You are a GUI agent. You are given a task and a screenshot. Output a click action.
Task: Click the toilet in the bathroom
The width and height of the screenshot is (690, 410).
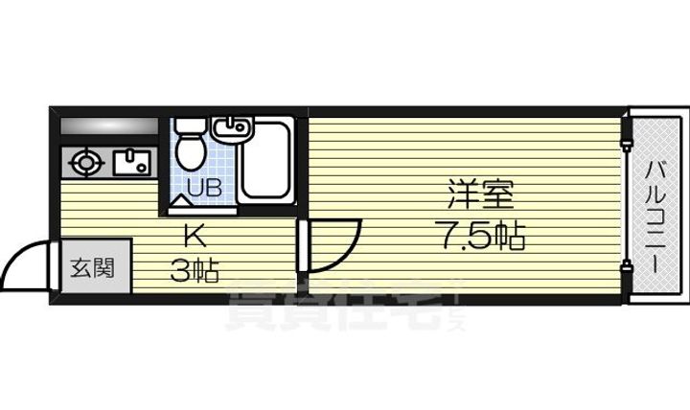click(x=190, y=144)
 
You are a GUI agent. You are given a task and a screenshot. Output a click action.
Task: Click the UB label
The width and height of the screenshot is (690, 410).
click(x=203, y=187)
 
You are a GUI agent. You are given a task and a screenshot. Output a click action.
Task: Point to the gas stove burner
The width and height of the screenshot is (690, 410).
click(x=87, y=163)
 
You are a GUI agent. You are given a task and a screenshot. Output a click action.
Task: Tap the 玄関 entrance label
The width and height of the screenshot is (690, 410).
click(x=89, y=265)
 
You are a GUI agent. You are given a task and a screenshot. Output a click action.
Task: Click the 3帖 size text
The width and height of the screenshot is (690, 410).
click(x=195, y=271)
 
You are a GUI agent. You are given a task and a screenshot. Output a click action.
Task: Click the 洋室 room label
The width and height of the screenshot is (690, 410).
click(x=480, y=197)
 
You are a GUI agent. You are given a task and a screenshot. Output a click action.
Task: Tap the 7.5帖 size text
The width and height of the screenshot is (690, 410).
click(x=481, y=236)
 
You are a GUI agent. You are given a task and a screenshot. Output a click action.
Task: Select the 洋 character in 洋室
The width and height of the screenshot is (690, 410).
click(x=459, y=197)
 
